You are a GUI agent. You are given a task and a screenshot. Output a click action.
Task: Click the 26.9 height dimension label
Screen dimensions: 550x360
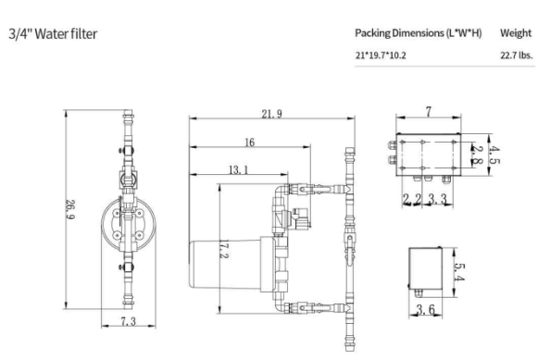(70, 209)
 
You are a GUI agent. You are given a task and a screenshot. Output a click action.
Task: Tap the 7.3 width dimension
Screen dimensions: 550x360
(128, 321)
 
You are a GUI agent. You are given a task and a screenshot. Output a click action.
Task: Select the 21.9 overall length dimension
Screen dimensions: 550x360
(271, 114)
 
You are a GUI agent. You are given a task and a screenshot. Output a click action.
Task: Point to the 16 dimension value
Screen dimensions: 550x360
(249, 143)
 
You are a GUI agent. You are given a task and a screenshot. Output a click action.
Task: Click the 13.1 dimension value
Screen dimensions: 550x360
(239, 170)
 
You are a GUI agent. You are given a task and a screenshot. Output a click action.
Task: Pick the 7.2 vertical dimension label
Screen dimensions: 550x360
(224, 249)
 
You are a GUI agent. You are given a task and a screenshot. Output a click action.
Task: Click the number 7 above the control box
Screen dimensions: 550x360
(429, 112)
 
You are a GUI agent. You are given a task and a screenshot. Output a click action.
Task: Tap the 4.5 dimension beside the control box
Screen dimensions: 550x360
(494, 155)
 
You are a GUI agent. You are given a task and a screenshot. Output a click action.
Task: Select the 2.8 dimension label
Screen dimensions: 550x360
(477, 155)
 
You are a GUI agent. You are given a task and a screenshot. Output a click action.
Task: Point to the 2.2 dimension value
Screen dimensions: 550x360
(411, 199)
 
